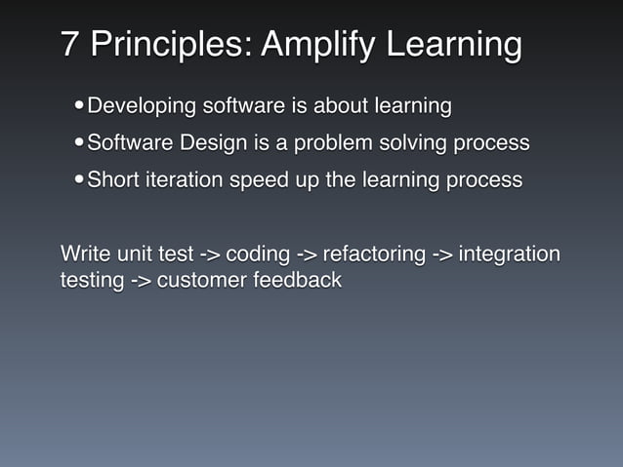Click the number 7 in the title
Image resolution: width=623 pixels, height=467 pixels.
click(69, 45)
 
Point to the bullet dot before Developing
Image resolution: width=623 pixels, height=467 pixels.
click(78, 105)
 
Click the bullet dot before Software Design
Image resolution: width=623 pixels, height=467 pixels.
click(78, 143)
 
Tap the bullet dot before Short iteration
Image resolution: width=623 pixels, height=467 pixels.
click(78, 180)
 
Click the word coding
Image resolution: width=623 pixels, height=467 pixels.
click(257, 255)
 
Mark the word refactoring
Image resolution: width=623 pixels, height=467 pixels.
click(374, 255)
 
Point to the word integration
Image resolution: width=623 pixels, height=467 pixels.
click(509, 255)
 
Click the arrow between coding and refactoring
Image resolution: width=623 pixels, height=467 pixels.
click(307, 255)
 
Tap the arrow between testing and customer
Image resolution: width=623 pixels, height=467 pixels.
click(141, 281)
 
